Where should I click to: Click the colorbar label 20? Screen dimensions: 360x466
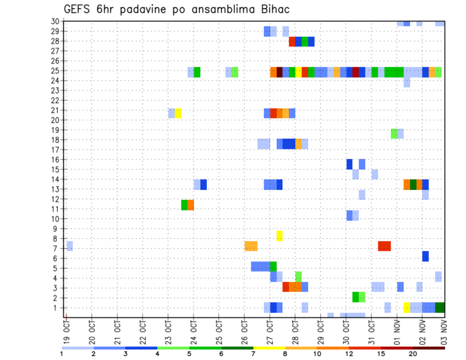pos(413,354)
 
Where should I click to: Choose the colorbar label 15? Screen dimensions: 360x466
pos(381,354)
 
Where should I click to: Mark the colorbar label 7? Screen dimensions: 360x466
pos(253,354)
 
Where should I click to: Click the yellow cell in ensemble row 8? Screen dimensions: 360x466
pos(280,236)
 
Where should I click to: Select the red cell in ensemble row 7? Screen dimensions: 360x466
pos(384,246)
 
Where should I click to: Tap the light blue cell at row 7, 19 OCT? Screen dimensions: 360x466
pos(69,246)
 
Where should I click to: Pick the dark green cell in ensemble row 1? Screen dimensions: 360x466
pos(440,308)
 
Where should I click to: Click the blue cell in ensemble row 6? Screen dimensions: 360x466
pos(425,256)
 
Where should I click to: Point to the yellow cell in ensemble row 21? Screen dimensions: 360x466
pos(178,113)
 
